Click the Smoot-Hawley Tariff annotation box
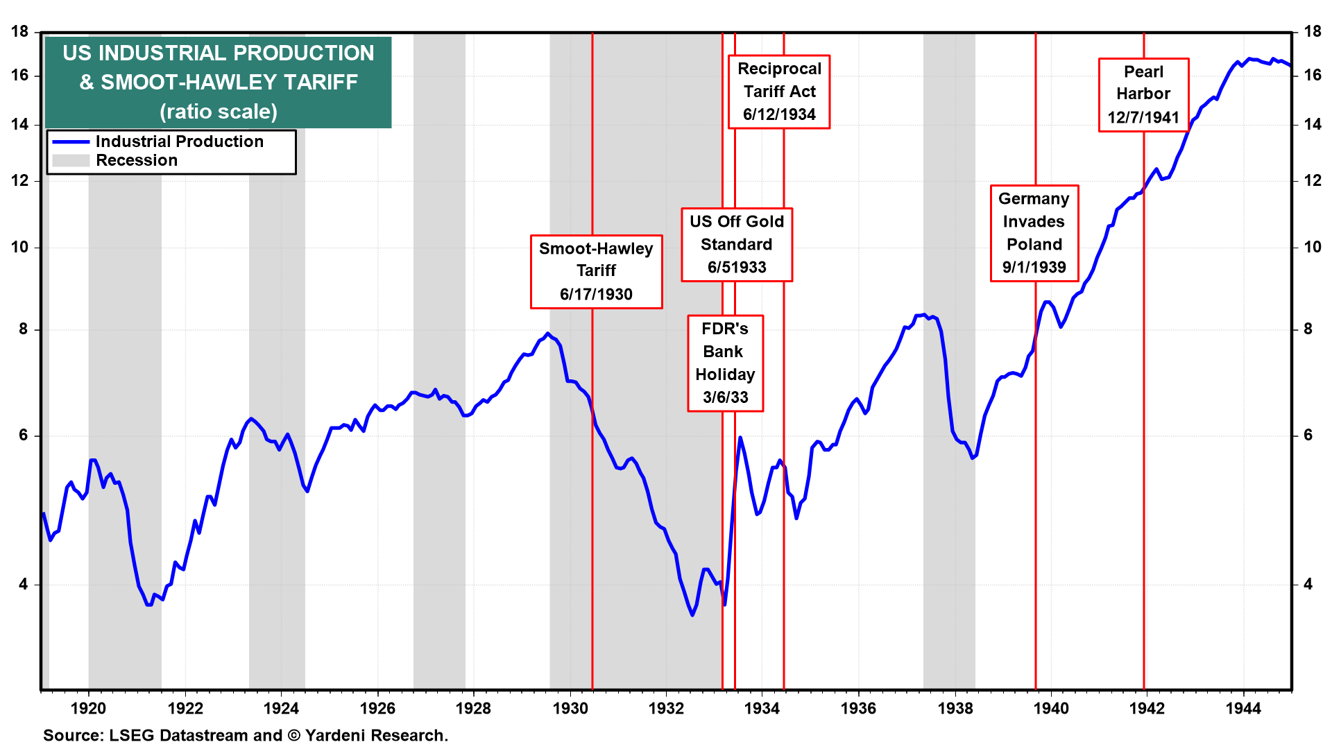(596, 271)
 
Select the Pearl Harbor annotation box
(1143, 94)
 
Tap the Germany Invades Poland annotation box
(1034, 233)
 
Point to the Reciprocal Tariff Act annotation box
(779, 92)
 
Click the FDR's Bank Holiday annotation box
(725, 363)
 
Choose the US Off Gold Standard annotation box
(736, 244)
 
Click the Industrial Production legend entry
(179, 141)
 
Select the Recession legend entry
(137, 160)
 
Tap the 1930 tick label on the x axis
(570, 708)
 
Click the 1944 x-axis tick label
(1243, 708)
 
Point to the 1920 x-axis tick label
(89, 708)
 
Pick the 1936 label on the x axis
(858, 708)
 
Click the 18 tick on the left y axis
(20, 31)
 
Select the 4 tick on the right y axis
(1308, 584)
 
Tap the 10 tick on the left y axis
(20, 247)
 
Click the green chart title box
(218, 82)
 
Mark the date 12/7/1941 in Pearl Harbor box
(1143, 117)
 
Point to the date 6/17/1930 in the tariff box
(596, 294)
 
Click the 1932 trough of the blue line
(692, 614)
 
